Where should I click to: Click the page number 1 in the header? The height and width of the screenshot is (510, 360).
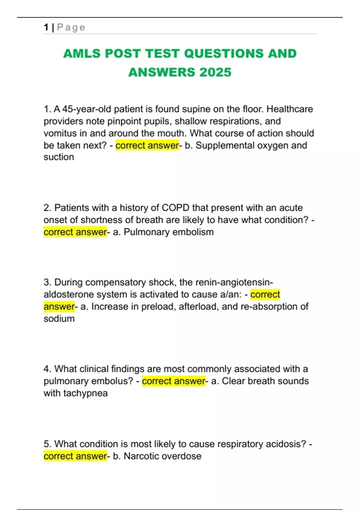tap(46, 27)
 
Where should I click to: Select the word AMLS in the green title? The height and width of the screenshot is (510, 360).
tap(82, 54)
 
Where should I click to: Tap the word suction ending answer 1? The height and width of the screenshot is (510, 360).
tap(59, 157)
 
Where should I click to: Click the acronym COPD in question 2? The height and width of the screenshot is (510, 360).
tap(175, 208)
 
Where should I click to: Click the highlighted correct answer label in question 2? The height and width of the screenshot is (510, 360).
tap(75, 232)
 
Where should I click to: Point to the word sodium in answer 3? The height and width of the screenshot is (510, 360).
tap(59, 319)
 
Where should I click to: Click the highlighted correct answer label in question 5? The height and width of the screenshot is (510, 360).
tap(75, 456)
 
